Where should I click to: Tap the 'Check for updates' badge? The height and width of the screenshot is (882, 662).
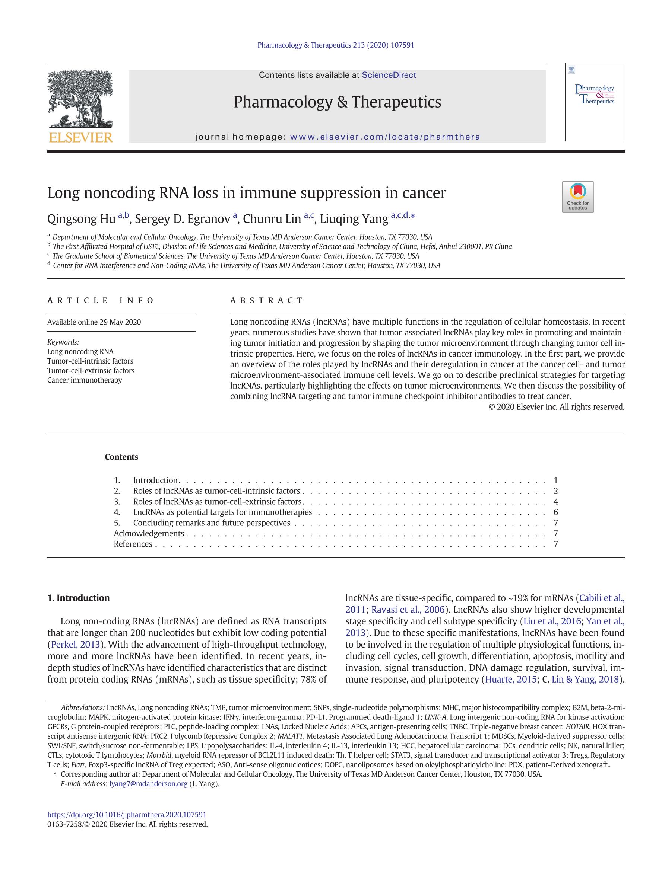point(577,196)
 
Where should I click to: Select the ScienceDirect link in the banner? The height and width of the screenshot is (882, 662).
point(389,75)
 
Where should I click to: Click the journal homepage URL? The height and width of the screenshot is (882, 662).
point(385,137)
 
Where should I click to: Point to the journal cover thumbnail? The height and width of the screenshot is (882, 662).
point(594,102)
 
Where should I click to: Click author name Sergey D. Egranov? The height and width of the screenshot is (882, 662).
point(183,219)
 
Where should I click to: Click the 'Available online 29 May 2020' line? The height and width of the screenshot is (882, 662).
point(94,322)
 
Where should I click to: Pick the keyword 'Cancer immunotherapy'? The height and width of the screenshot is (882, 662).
point(85,380)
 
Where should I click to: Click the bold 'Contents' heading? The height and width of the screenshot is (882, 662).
point(121,457)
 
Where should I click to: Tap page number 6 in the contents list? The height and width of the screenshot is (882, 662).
point(555,512)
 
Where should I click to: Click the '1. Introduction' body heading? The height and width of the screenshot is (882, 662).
point(78,598)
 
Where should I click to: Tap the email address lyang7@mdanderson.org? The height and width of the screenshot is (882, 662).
point(148,783)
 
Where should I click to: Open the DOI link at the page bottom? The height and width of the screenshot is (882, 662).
point(127,815)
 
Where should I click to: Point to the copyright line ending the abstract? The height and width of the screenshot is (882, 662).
point(556,407)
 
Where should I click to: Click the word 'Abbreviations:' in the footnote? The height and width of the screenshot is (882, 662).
point(83,708)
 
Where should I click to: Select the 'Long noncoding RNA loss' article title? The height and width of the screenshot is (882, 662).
point(246,193)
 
